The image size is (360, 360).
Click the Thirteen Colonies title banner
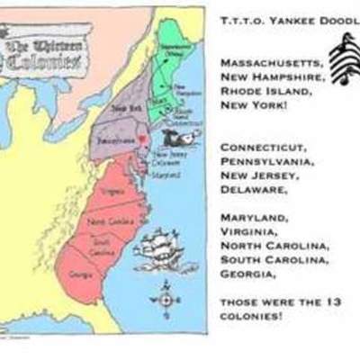[50, 49]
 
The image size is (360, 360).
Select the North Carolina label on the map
[100, 220]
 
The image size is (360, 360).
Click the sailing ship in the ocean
[162, 249]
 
